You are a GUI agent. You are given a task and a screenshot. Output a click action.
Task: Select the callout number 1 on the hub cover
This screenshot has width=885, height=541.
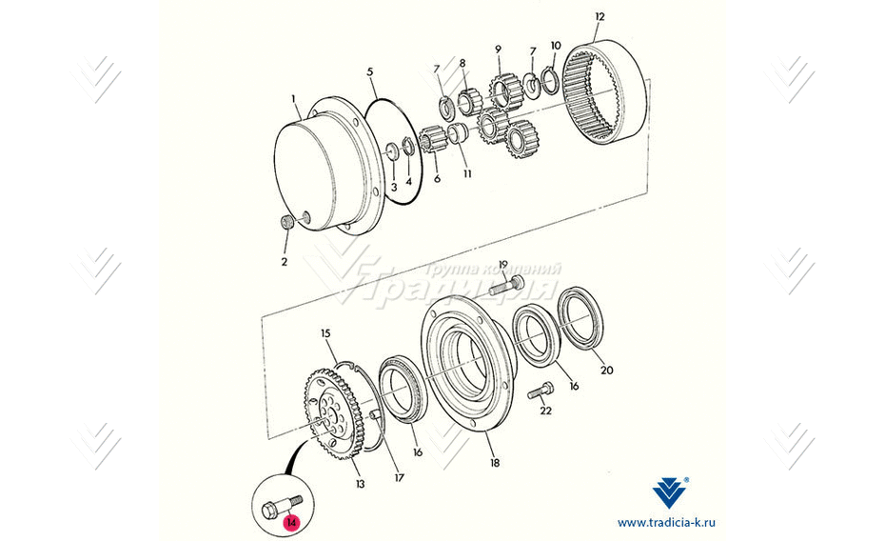coord(295,98)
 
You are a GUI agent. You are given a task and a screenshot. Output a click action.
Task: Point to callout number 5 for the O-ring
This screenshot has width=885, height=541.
coord(370,71)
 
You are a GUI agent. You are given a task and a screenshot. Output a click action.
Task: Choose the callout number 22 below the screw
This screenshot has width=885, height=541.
coord(545,411)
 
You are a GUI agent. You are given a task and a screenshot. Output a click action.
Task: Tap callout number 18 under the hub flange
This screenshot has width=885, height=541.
coord(493,463)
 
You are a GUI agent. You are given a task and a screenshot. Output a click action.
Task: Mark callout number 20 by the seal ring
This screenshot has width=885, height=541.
coord(608,371)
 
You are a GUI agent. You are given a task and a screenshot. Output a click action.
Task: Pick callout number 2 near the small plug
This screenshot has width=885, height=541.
coord(283,261)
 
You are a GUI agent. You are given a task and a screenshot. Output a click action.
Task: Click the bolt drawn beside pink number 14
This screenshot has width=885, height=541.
coord(278,508)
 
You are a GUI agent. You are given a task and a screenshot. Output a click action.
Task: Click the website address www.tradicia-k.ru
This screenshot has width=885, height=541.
coord(666,523)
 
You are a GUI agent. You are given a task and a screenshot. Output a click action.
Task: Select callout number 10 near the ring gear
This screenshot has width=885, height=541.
coord(556,46)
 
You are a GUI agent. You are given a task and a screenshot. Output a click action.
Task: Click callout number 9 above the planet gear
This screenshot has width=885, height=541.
coord(498,50)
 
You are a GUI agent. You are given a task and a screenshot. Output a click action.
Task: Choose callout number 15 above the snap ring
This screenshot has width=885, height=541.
coord(324,334)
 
